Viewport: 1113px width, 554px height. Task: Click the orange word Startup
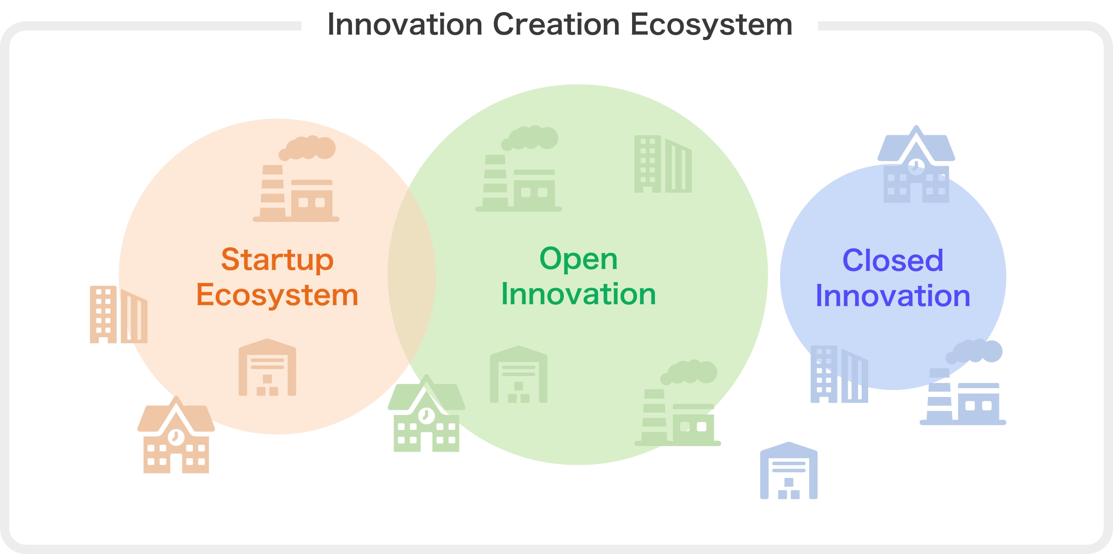point(277,260)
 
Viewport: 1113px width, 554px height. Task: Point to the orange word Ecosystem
point(277,296)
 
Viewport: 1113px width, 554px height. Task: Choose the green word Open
point(578,259)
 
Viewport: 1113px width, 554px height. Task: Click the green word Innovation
point(578,294)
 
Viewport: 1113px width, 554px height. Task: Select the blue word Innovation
point(893,296)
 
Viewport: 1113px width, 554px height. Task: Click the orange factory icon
point(296,179)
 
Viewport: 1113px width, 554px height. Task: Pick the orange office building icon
point(119,315)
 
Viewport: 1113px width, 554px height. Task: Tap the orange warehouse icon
point(267,367)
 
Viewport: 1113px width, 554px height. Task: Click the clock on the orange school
point(176,437)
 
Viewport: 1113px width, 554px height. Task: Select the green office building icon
point(663,164)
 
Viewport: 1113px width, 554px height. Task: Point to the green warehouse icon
point(518,374)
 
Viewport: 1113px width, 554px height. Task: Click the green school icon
point(427,413)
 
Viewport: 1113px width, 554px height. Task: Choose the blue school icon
point(916,164)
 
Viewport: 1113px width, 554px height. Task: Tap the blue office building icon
point(839,374)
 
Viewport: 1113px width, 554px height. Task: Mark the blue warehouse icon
point(788,471)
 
